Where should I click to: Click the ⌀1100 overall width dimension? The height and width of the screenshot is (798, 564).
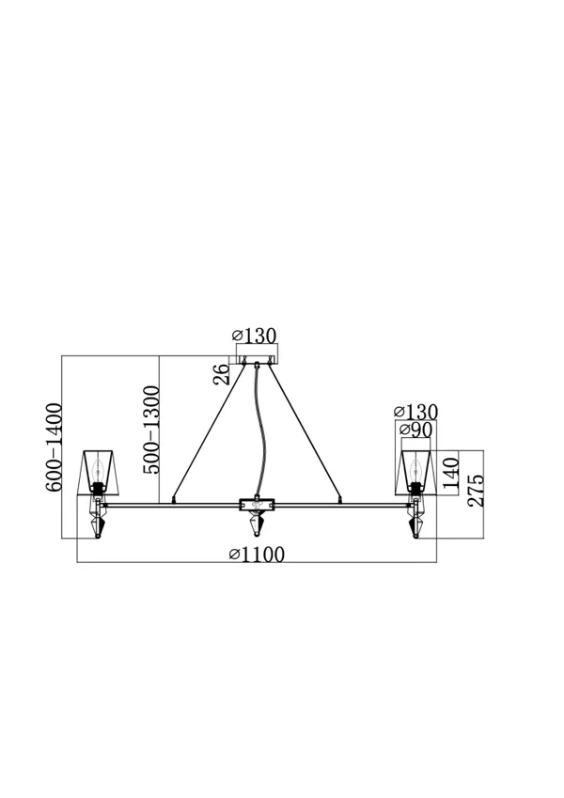coord(256,555)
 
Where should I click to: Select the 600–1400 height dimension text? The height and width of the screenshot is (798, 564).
coord(54,447)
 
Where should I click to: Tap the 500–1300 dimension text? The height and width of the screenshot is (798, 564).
coord(151,430)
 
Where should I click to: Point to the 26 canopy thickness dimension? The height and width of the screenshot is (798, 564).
coord(222,375)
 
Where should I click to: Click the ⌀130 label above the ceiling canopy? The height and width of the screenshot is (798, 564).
coord(254,336)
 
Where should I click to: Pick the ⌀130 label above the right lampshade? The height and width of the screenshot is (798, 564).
coord(415,412)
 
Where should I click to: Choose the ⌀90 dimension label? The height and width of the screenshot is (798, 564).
coord(415,430)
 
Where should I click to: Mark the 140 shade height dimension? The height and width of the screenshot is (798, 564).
coord(451,474)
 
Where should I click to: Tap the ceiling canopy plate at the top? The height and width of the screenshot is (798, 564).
coord(257,360)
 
